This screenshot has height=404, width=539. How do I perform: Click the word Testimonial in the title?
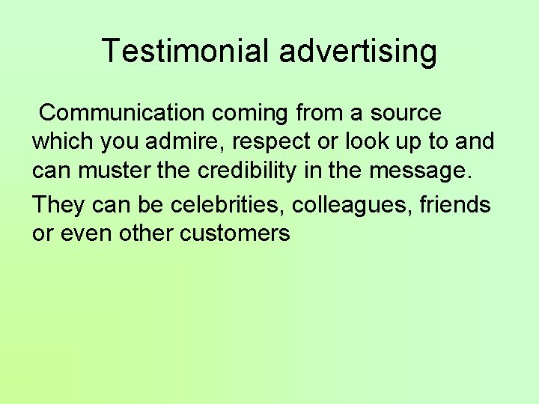(x=186, y=51)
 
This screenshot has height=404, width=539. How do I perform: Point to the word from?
(x=320, y=113)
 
